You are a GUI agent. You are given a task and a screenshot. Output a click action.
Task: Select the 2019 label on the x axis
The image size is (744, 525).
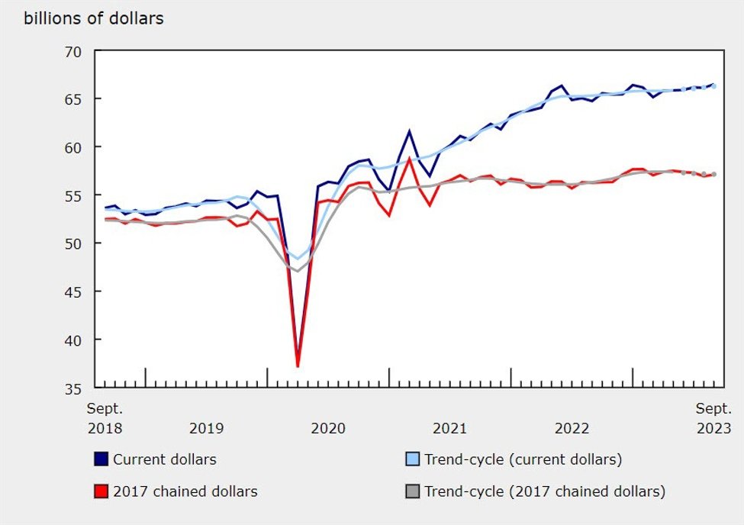(x=207, y=428)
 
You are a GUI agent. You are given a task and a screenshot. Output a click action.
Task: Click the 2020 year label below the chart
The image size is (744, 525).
(x=329, y=428)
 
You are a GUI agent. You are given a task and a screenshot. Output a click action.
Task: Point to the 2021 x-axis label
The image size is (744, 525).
(x=451, y=428)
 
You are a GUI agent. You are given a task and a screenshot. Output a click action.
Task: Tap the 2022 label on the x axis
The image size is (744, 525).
(x=572, y=428)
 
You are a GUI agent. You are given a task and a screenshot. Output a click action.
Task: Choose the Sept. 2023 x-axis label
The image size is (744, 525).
(x=713, y=418)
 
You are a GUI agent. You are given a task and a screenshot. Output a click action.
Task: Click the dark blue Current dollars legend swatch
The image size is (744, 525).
(x=101, y=459)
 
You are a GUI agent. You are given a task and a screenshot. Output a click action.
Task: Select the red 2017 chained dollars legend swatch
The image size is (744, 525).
(x=101, y=491)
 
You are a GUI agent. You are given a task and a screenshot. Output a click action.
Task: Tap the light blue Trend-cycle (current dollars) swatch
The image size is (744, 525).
(x=412, y=459)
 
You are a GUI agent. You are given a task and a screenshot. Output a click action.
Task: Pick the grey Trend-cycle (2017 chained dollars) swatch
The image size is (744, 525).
(x=412, y=491)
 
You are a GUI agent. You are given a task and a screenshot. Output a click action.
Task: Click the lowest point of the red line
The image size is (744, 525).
(x=298, y=366)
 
